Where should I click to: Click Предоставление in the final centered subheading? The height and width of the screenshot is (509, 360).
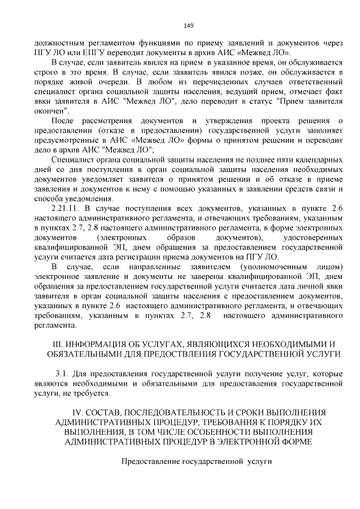(152, 462)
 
